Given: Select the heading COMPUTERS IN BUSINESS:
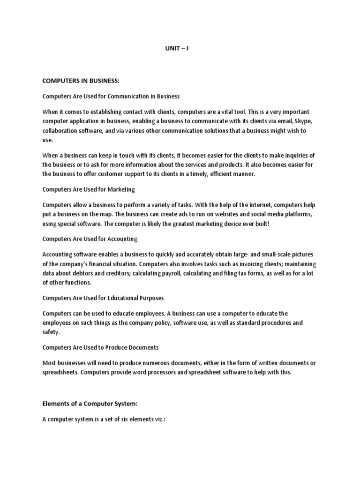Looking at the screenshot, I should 81,81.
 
